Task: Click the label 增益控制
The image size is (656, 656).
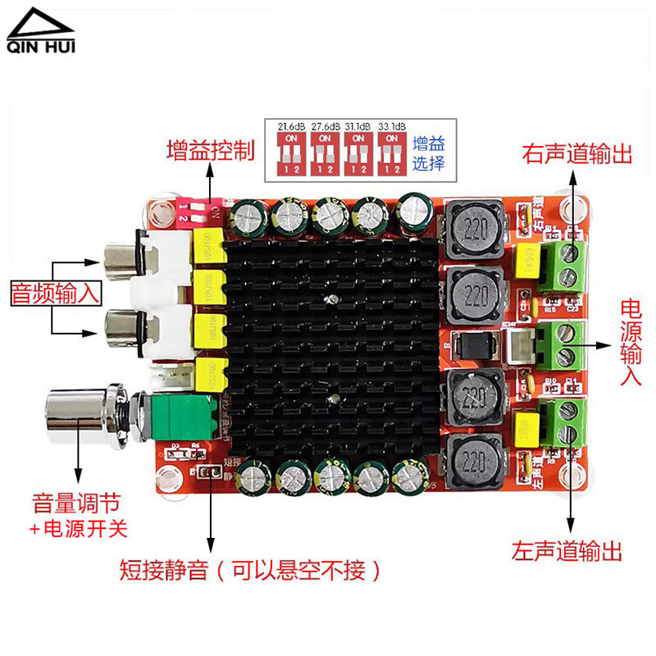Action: [x=210, y=151]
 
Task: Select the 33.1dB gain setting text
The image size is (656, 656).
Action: [x=391, y=126]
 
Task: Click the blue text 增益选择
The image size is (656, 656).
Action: [x=428, y=153]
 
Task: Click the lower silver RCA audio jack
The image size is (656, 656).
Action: [x=123, y=328]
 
